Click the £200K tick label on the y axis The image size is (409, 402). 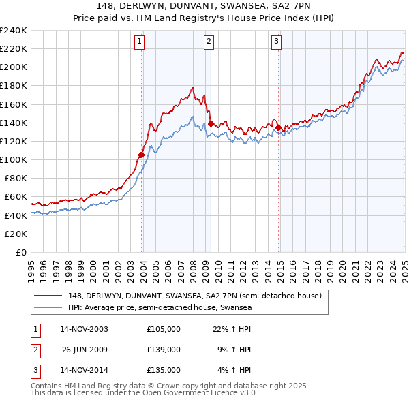point(13,67)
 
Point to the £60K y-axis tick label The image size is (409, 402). point(15,197)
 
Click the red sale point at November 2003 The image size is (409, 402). point(141,155)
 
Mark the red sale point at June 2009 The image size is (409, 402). point(211,123)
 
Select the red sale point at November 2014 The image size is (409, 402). point(278,127)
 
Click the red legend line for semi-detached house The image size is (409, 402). point(48,296)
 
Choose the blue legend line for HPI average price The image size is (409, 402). point(48,307)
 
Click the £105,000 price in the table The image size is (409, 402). point(164,329)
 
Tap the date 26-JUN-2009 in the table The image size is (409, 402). point(85,350)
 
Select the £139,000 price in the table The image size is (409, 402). point(164,350)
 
